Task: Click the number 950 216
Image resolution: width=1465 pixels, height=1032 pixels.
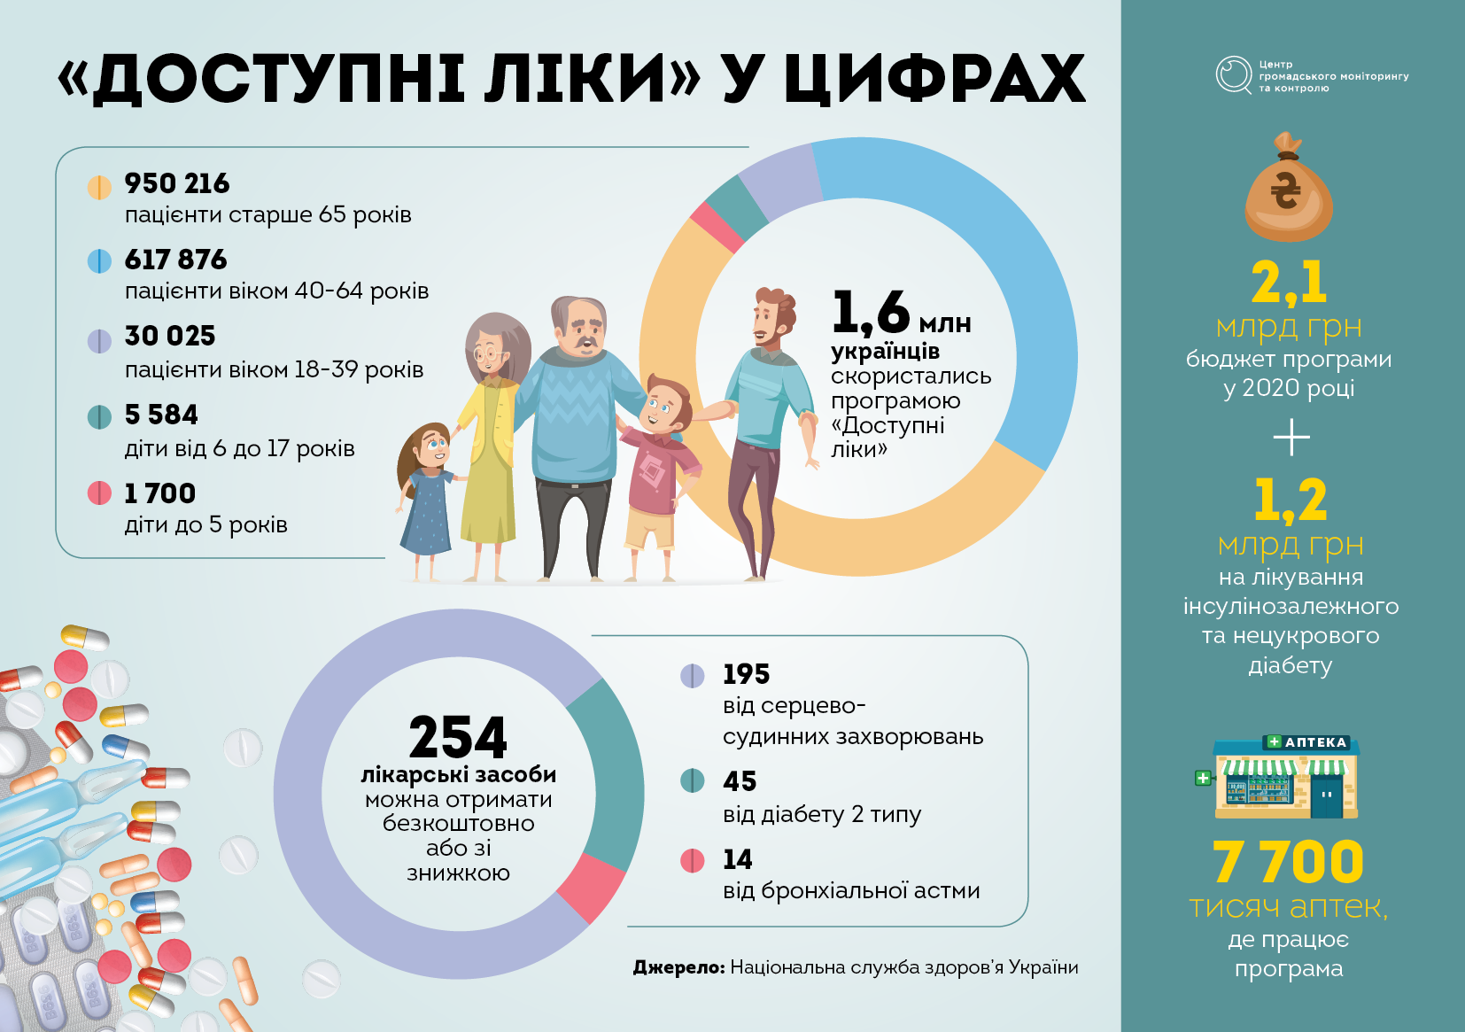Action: click(x=176, y=183)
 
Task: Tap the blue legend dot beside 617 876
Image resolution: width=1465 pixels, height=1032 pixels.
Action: click(x=99, y=261)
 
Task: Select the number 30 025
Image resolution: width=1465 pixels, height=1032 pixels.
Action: click(x=169, y=336)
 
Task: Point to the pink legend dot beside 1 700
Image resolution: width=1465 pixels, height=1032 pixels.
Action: click(x=99, y=493)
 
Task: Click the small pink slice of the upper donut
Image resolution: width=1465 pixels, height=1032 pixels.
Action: click(x=717, y=227)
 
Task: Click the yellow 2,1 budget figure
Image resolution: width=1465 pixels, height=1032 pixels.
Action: click(x=1289, y=282)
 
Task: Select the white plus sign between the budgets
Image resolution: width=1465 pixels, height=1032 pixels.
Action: click(x=1291, y=438)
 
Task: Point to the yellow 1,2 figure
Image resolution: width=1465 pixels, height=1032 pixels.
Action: click(x=1291, y=500)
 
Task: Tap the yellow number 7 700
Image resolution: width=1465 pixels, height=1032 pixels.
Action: click(x=1288, y=861)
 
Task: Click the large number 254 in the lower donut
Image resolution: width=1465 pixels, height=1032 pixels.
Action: click(x=458, y=737)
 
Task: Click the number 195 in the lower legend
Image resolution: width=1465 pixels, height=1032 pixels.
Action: click(x=747, y=674)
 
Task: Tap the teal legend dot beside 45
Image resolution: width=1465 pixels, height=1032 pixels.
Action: click(x=693, y=780)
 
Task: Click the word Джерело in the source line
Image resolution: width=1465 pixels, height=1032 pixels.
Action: click(x=678, y=967)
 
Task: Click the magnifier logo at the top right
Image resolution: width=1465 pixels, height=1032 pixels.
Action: click(x=1234, y=74)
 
